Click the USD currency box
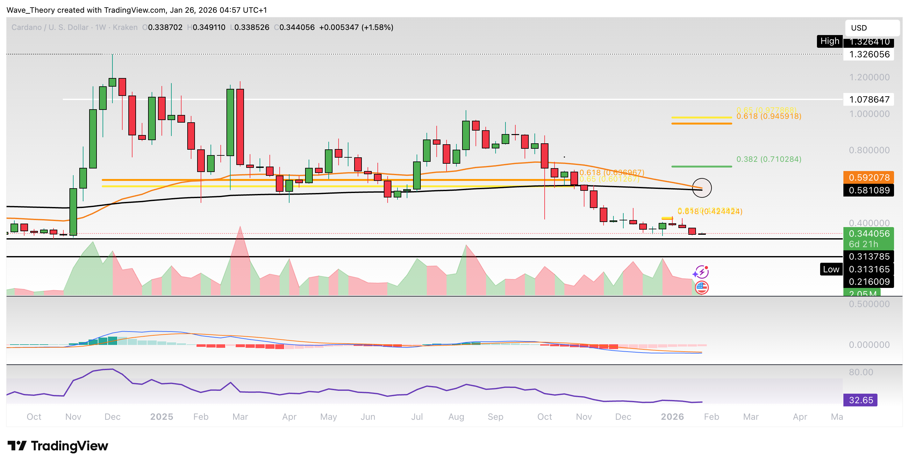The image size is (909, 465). [x=872, y=28]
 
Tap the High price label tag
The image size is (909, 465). [x=829, y=41]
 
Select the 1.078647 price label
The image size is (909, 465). [x=869, y=99]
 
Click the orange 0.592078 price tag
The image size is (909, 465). [x=869, y=177]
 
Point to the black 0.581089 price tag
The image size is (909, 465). [x=869, y=190]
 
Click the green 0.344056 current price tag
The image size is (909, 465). [x=869, y=234]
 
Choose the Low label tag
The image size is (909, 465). [x=831, y=269]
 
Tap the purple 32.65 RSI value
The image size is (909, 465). [x=860, y=400]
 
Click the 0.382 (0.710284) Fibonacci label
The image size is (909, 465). [x=769, y=159]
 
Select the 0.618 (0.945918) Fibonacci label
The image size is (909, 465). [x=769, y=117]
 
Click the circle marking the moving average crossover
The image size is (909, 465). [x=702, y=188]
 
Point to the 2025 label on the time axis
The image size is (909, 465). [x=161, y=417]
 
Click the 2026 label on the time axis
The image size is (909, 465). [x=672, y=417]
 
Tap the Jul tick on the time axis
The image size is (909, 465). [x=417, y=417]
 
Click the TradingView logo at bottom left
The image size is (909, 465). [x=58, y=446]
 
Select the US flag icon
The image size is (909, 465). [x=702, y=288]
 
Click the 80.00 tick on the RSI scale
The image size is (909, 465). [x=861, y=372]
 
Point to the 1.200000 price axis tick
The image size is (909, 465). [x=869, y=77]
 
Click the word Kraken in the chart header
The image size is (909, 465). [x=125, y=27]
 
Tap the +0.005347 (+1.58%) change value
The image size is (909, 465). [x=356, y=27]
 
